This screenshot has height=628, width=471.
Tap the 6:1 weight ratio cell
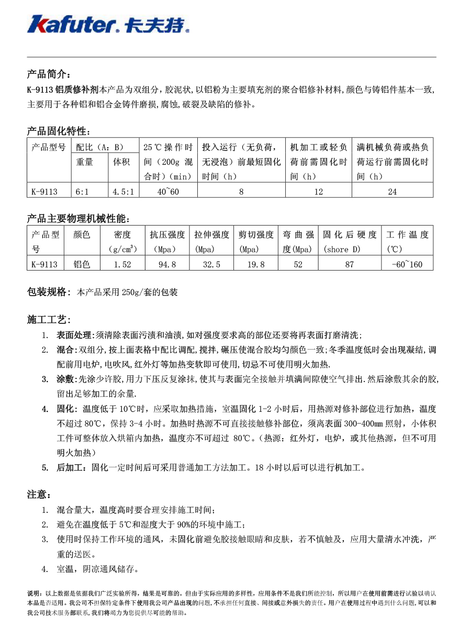tap(82, 192)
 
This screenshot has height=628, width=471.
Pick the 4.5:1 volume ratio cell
tap(124, 192)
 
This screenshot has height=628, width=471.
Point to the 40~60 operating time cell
tap(168, 192)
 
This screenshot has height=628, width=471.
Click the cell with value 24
tap(392, 192)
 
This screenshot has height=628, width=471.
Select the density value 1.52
tap(122, 264)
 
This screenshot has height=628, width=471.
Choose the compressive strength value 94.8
tap(167, 264)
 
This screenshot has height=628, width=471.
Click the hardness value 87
tap(350, 264)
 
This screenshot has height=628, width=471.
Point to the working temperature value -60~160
tap(407, 264)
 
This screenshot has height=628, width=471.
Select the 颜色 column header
tap(82, 234)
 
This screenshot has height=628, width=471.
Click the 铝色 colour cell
tap(82, 264)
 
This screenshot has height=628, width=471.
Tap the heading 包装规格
tap(47, 291)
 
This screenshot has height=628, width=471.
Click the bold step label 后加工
tap(71, 467)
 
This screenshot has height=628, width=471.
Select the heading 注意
tap(39, 495)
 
